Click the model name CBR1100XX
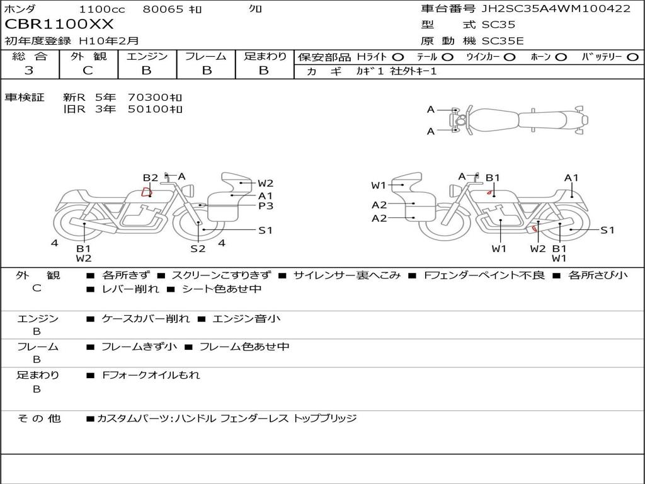(59, 25)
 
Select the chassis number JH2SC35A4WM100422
(556, 8)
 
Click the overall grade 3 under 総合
(29, 71)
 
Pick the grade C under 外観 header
(88, 71)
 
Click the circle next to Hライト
(398, 57)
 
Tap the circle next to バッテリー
(632, 57)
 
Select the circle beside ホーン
(561, 57)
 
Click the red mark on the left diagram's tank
(147, 192)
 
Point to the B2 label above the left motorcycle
(151, 178)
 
